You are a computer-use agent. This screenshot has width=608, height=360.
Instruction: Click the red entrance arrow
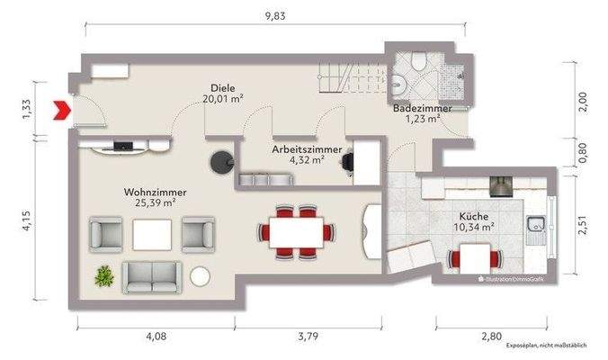62,110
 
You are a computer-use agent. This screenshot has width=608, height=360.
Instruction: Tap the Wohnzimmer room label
155,192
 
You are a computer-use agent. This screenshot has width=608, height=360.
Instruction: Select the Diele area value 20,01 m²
222,99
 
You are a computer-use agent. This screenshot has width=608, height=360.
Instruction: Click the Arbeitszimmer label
307,149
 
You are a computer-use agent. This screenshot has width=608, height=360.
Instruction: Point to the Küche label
473,217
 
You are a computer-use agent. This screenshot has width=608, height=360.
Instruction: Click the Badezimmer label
423,108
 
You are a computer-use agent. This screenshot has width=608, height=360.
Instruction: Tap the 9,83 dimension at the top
275,16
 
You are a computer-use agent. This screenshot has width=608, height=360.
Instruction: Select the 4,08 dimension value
156,336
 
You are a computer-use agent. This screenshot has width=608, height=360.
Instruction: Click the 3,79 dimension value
308,336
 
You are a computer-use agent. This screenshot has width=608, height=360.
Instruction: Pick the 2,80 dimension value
491,336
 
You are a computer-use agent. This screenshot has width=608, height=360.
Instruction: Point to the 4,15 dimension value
26,221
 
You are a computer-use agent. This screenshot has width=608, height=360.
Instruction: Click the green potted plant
104,275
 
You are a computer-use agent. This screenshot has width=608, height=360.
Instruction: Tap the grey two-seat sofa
152,277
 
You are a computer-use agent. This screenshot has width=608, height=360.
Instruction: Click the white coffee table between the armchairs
152,235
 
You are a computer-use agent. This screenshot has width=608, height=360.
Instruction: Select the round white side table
200,277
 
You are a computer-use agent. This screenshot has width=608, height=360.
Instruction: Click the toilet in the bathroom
419,61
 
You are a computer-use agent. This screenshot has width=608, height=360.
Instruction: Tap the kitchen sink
536,230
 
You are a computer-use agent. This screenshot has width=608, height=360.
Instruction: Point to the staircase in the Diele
353,77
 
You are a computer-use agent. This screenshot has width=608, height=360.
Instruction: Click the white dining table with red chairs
296,232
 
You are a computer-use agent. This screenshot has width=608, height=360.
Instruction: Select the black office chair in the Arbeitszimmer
348,161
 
